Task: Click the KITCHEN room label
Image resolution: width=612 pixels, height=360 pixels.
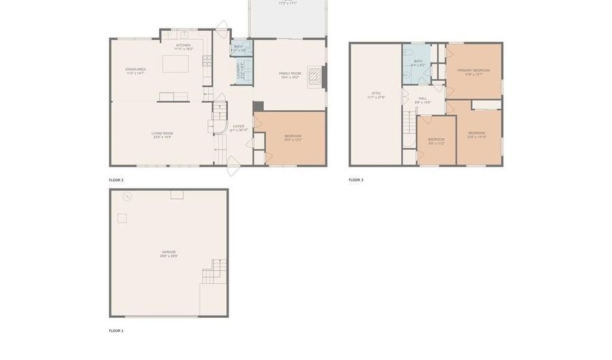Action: pyautogui.click(x=183, y=46)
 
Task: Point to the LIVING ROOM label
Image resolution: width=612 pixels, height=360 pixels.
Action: pyautogui.click(x=162, y=133)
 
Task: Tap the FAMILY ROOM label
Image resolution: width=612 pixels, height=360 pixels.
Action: pyautogui.click(x=290, y=74)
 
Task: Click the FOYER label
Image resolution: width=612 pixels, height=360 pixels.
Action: pyautogui.click(x=238, y=127)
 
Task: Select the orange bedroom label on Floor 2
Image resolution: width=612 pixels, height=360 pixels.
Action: pyautogui.click(x=292, y=137)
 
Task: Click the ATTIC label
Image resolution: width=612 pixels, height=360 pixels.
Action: pyautogui.click(x=375, y=95)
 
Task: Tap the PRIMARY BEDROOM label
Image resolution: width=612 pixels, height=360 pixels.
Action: pyautogui.click(x=473, y=71)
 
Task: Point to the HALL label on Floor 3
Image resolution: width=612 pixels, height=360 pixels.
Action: pyautogui.click(x=423, y=100)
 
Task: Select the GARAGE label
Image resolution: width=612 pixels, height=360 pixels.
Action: pyautogui.click(x=168, y=253)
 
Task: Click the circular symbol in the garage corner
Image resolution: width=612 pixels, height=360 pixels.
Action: pyautogui.click(x=126, y=197)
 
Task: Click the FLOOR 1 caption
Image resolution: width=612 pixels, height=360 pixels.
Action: pyautogui.click(x=116, y=331)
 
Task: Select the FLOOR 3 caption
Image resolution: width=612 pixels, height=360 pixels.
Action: pyautogui.click(x=356, y=180)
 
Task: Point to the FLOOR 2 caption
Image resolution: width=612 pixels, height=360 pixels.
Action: pyautogui.click(x=116, y=180)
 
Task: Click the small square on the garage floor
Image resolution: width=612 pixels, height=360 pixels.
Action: pyautogui.click(x=122, y=218)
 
